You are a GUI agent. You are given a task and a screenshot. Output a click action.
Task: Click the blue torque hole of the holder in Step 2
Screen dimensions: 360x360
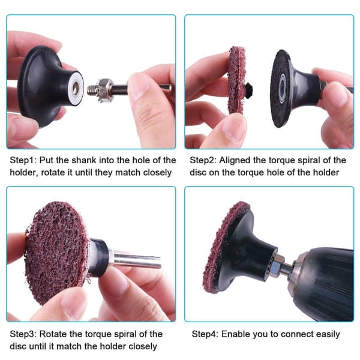pyautogui.click(x=283, y=88)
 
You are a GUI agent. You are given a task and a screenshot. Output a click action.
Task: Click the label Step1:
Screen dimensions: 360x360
pyautogui.click(x=23, y=160)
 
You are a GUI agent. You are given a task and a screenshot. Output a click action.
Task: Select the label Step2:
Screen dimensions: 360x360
pyautogui.click(x=203, y=160)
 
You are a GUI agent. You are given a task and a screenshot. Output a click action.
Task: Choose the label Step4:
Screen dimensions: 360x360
pyautogui.click(x=205, y=334)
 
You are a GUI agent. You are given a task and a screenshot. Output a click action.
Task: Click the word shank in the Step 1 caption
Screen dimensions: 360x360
pyautogui.click(x=84, y=160)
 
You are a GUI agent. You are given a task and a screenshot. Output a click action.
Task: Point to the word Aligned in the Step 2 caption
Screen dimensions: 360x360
pyautogui.click(x=235, y=161)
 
